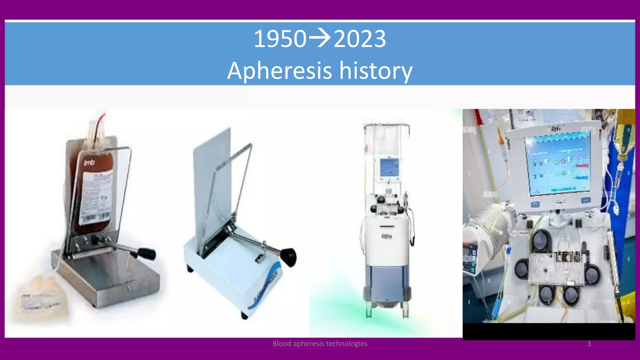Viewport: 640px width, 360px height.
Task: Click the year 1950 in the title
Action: [280, 39]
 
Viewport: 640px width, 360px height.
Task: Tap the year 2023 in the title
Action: [360, 39]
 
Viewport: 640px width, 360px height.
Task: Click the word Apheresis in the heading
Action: [279, 71]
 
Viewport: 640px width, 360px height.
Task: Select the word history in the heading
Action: [376, 71]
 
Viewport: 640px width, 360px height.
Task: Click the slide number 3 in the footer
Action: [589, 344]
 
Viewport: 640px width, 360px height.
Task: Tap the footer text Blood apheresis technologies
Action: [320, 344]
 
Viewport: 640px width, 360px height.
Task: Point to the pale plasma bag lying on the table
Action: [41, 297]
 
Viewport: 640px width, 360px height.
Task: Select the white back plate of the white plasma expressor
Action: [212, 169]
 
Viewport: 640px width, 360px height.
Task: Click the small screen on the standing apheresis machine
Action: [389, 167]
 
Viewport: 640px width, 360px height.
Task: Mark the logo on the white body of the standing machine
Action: [387, 236]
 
